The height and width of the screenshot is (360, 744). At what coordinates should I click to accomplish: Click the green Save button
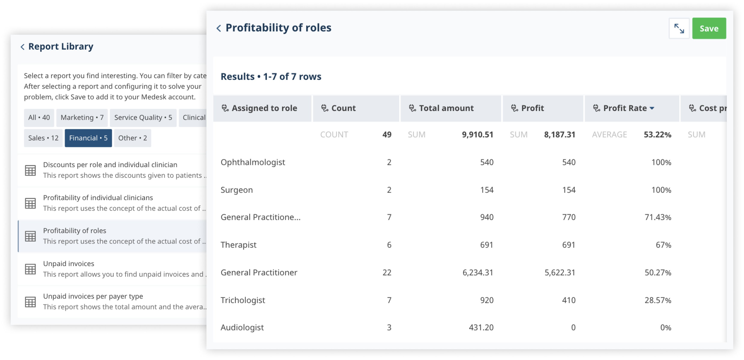(x=708, y=28)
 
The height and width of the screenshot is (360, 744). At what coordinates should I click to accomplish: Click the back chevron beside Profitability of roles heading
(x=219, y=28)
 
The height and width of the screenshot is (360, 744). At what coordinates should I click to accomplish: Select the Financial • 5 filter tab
(x=88, y=138)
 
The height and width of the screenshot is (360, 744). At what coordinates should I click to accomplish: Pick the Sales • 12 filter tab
(x=43, y=138)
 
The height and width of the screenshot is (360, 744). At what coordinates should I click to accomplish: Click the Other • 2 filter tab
(x=132, y=138)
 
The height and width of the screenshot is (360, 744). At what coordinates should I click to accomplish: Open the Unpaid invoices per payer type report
(x=93, y=296)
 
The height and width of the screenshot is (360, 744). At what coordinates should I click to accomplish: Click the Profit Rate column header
(x=625, y=108)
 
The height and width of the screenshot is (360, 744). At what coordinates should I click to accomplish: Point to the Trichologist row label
(x=243, y=300)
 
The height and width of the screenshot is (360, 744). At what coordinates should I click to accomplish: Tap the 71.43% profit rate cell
(x=658, y=217)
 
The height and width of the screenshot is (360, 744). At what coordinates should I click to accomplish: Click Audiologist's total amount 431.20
(x=481, y=327)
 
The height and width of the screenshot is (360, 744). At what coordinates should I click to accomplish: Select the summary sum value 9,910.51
(x=477, y=135)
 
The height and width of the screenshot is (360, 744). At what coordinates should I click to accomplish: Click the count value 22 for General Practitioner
(x=387, y=272)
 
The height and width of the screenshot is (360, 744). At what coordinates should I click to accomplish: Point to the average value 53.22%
(x=657, y=135)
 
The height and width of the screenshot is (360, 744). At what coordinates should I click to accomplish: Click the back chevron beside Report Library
(x=22, y=47)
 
